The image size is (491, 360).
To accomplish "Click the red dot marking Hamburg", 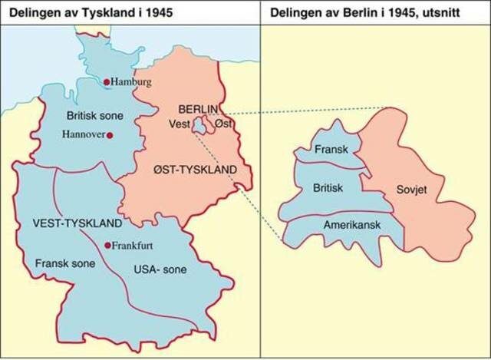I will click(x=107, y=81).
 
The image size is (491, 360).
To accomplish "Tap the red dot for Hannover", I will click(x=110, y=136).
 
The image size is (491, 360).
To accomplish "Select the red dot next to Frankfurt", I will click(x=107, y=246).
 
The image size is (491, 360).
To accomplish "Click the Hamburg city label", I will click(x=132, y=82).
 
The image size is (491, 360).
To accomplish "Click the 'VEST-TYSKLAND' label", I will click(x=76, y=223).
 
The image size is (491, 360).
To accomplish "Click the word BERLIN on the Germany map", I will click(x=198, y=109).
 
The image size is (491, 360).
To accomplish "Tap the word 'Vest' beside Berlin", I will click(x=179, y=124).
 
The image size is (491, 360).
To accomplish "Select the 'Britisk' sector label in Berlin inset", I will click(x=328, y=187).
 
